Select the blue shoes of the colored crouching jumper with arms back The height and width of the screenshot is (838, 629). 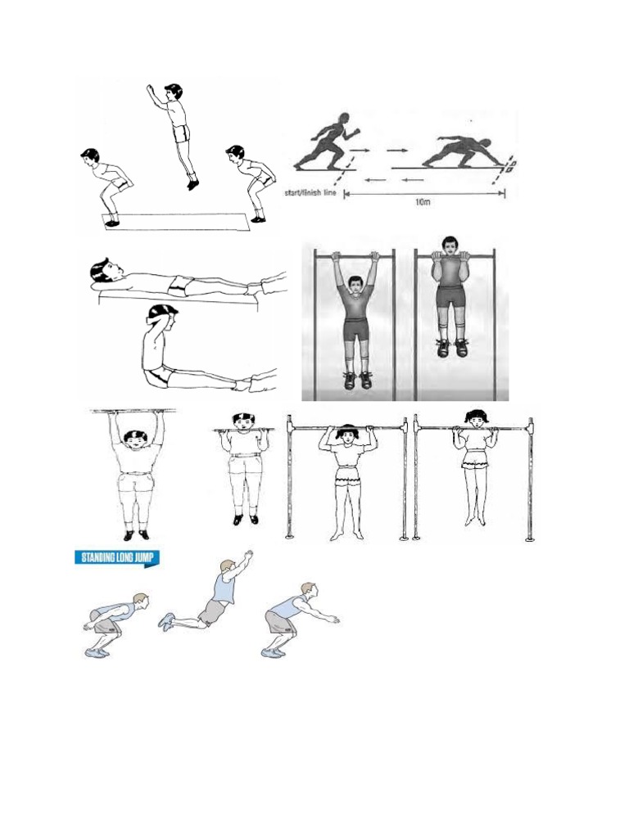96,652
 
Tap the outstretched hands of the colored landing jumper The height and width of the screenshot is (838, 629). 332,619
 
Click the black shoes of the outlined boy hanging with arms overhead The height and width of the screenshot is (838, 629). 135,535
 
